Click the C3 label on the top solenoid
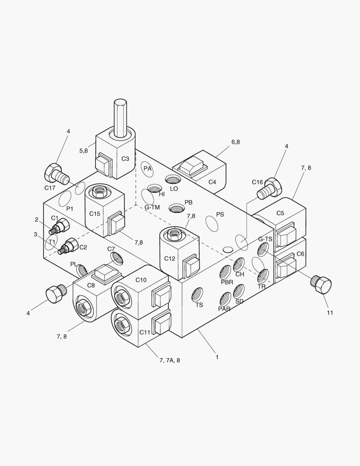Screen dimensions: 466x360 click(x=125, y=159)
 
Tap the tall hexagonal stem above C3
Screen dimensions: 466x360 click(x=120, y=116)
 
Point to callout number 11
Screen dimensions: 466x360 click(x=329, y=313)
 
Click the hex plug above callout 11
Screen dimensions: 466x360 click(x=321, y=285)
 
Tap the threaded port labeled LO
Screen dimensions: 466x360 click(x=173, y=180)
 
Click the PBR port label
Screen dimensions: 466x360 click(x=227, y=282)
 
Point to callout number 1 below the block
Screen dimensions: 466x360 click(x=217, y=357)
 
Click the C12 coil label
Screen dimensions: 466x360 click(x=170, y=258)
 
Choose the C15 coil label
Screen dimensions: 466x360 click(x=95, y=213)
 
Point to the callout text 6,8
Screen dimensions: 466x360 click(x=235, y=142)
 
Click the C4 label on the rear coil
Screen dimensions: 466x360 click(x=212, y=182)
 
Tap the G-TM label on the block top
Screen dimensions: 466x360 click(x=152, y=207)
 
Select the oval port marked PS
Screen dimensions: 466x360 click(x=212, y=223)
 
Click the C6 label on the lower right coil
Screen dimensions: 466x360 click(x=300, y=254)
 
